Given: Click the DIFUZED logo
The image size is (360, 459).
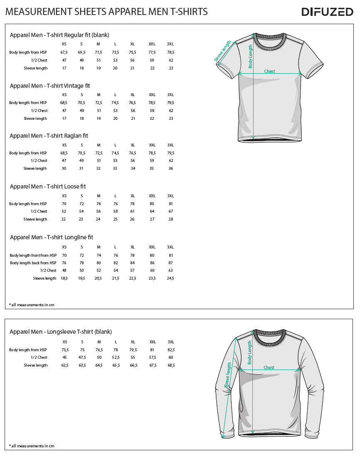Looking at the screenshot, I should point(327,12).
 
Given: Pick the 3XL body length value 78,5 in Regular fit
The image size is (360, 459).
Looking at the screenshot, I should point(170,52).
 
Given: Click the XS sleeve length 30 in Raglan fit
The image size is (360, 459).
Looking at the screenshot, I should point(64,169).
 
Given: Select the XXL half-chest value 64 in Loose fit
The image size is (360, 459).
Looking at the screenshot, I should point(152,211).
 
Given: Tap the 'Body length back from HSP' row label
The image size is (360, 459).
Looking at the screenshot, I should point(33,263).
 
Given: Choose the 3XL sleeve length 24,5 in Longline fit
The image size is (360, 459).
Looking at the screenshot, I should point(170,278).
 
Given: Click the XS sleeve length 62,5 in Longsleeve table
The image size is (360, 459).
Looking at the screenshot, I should point(64,365).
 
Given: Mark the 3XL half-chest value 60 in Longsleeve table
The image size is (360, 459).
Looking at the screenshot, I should point(170,357).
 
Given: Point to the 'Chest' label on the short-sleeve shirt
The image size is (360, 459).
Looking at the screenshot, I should point(269,71).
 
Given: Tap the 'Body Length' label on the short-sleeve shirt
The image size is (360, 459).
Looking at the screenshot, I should point(250,56).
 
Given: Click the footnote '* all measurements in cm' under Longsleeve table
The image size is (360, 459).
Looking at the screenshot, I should point(32,446).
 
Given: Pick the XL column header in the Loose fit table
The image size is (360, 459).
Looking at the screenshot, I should point(132,196).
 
